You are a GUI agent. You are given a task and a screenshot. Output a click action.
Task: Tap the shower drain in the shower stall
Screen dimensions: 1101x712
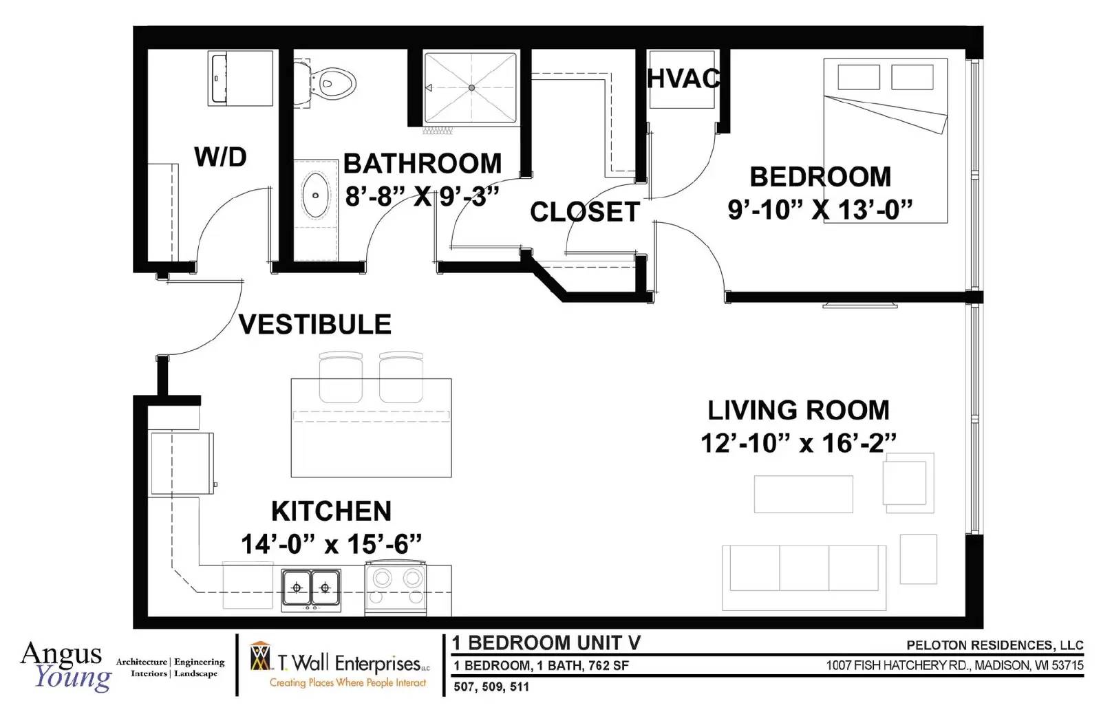click(471, 87)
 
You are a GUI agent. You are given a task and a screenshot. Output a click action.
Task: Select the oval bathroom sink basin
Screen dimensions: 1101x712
click(315, 195)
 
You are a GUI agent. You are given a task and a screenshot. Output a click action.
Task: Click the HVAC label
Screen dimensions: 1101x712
click(684, 78)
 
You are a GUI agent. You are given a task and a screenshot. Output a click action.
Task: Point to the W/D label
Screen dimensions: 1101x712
click(220, 157)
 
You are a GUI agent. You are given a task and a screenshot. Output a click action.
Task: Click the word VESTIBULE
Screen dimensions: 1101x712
click(315, 324)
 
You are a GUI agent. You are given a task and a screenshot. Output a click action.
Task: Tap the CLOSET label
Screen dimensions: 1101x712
click(585, 212)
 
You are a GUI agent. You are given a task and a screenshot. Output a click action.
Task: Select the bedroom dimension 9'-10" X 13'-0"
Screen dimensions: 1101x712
click(820, 209)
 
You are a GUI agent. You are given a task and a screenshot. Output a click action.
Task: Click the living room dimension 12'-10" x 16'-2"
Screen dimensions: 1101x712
click(798, 443)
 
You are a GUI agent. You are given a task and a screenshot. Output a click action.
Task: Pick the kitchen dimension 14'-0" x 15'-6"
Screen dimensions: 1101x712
click(332, 544)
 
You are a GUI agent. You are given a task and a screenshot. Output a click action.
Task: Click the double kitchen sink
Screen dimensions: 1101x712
click(311, 590)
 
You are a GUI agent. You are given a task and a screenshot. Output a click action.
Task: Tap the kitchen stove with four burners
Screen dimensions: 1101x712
click(396, 588)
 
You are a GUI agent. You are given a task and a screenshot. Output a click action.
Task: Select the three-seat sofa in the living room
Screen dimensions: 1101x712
click(804, 577)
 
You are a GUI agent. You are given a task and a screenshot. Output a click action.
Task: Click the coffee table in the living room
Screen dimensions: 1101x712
click(804, 494)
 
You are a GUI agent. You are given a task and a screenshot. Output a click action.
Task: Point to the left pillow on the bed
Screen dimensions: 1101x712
click(859, 77)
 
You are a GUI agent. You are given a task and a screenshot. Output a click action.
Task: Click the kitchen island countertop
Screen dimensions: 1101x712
click(371, 427)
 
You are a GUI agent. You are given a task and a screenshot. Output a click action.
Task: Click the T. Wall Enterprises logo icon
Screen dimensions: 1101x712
click(260, 656)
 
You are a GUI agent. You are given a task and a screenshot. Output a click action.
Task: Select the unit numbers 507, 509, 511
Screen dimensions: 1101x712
click(491, 687)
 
